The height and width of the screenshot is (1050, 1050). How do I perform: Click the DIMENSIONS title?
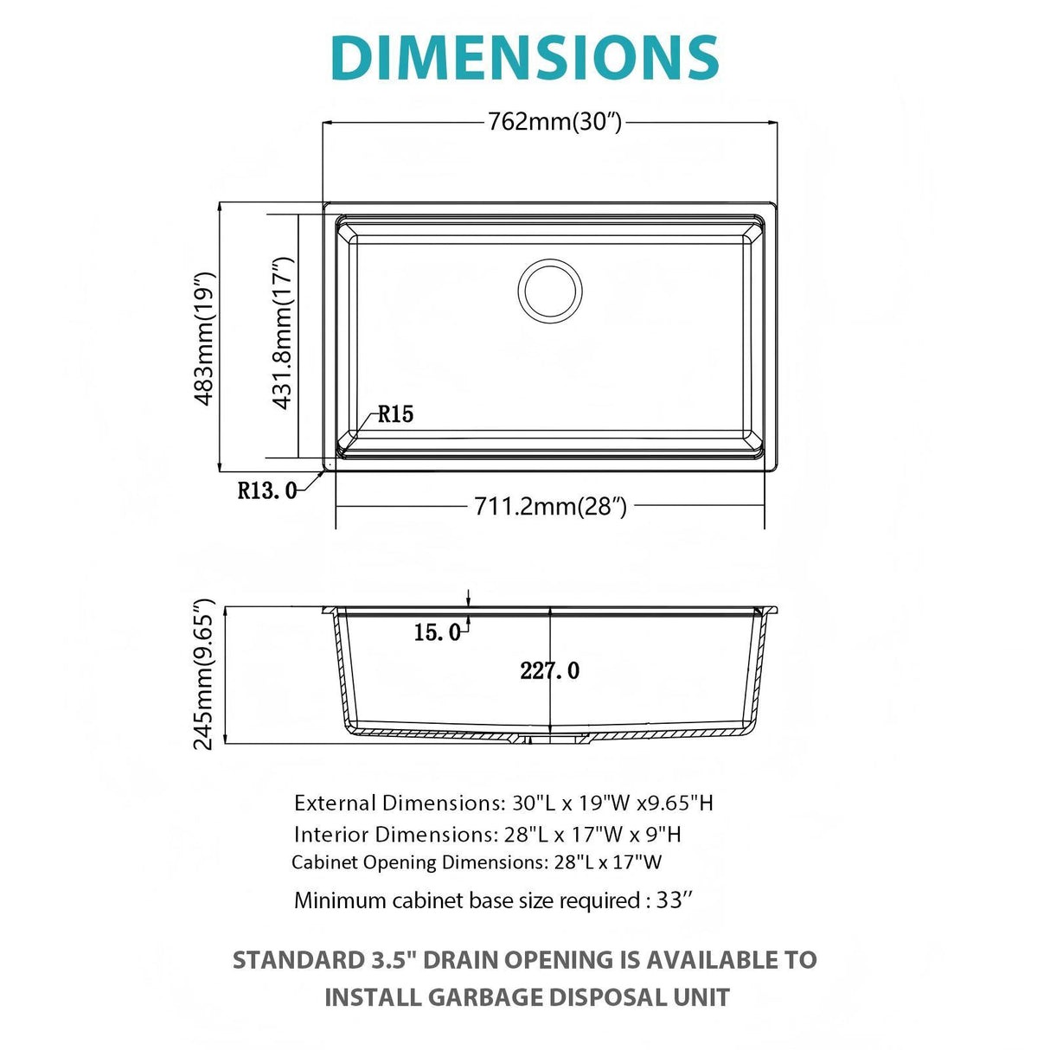524,59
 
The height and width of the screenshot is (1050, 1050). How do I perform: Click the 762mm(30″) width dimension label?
554,122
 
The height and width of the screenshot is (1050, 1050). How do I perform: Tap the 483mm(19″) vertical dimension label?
203,338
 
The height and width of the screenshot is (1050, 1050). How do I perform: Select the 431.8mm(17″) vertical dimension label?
283,333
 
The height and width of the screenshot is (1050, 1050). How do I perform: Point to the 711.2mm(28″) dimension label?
550,505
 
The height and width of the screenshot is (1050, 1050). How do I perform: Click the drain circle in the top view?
549,291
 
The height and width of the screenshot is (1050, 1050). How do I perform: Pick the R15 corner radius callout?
395,414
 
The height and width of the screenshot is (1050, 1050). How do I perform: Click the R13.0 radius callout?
267,491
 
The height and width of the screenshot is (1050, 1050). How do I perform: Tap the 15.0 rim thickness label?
437,633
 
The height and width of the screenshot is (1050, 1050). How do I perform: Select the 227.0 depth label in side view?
550,670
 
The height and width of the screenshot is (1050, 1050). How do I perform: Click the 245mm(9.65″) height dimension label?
203,675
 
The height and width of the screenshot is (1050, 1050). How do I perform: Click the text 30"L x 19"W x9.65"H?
612,803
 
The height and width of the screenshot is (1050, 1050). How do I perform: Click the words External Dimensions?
397,803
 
